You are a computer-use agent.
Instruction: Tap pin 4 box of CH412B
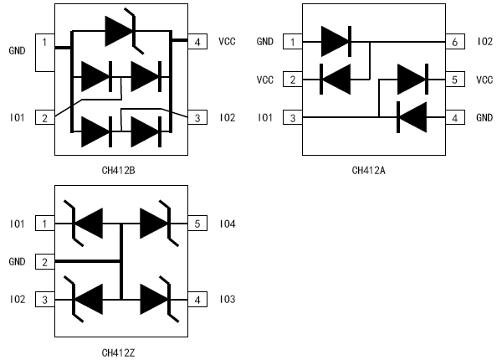[197, 41]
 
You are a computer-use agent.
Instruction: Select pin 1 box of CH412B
[44, 41]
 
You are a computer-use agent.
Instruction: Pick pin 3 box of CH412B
[197, 118]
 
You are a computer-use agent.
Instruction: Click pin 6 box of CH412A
[453, 41]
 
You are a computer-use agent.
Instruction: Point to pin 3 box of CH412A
[292, 118]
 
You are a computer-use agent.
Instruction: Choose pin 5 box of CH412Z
[197, 224]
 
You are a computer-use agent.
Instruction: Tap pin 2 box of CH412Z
[44, 261]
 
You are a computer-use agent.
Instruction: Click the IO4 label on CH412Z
[228, 224]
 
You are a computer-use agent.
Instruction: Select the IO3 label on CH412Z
[228, 299]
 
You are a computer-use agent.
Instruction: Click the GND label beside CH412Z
[18, 261]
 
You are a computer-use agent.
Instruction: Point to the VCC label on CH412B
[228, 41]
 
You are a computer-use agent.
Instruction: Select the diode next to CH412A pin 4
[412, 118]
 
